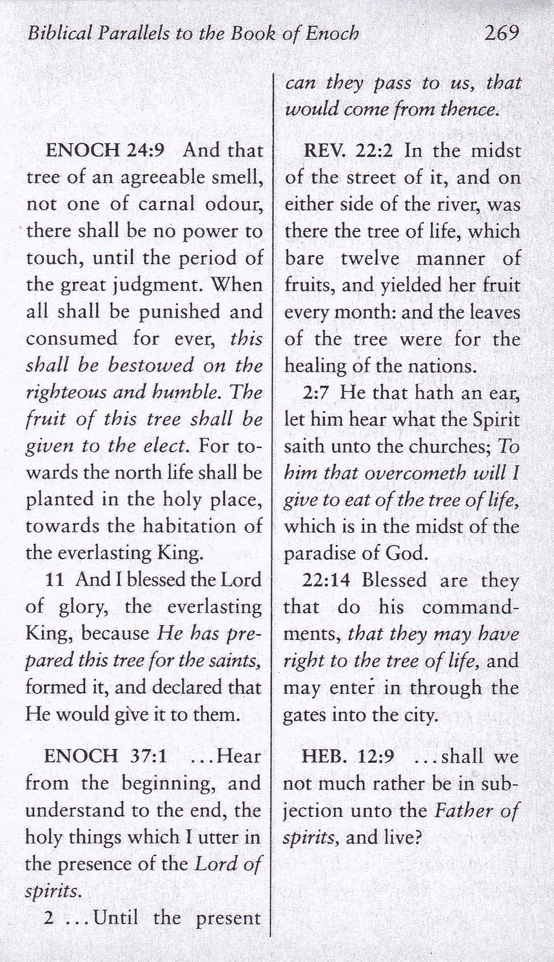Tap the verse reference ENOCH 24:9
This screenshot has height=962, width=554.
click(x=105, y=151)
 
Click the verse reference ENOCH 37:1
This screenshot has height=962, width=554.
click(x=105, y=756)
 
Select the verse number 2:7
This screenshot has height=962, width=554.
click(x=316, y=393)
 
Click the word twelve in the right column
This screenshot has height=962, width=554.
click(x=370, y=259)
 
